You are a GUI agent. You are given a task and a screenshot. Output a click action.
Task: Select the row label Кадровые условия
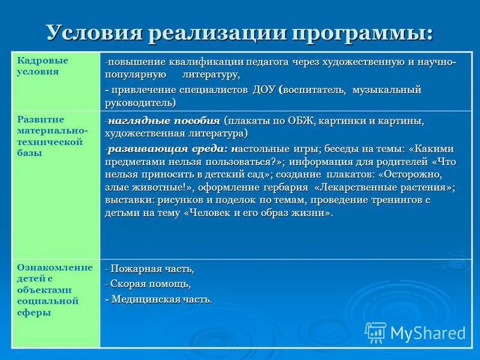tap(42, 66)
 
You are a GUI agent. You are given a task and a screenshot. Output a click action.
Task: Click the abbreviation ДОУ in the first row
tap(263, 90)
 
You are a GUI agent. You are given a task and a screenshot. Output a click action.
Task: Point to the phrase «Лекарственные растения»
tap(385, 187)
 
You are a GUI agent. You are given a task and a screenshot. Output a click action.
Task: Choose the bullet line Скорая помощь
tap(148, 283)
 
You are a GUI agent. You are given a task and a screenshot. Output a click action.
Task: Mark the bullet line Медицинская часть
tap(159, 299)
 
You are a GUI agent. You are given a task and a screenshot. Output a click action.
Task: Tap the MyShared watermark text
tap(428, 332)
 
